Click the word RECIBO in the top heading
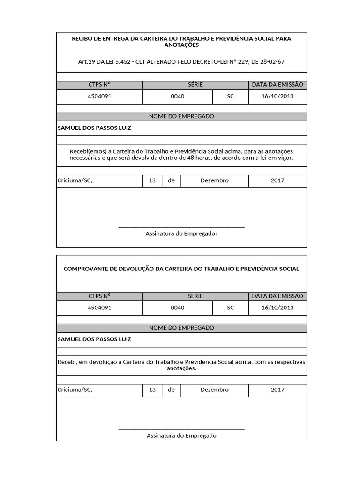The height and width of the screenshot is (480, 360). click(x=82, y=39)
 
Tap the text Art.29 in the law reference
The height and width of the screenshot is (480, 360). click(x=87, y=62)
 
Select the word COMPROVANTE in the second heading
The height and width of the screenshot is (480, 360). click(x=83, y=269)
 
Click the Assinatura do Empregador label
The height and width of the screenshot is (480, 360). click(x=181, y=233)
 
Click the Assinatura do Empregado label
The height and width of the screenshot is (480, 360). click(x=181, y=435)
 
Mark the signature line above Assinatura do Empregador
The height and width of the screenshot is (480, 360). click(x=181, y=227)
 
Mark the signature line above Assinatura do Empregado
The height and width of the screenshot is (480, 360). click(x=181, y=429)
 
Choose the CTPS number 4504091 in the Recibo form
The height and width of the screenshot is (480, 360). click(x=99, y=96)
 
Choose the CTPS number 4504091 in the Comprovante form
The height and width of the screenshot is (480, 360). click(x=99, y=308)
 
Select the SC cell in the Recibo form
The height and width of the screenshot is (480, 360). click(x=230, y=96)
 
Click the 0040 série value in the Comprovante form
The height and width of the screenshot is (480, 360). click(x=178, y=308)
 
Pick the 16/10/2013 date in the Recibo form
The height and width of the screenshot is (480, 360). click(x=277, y=96)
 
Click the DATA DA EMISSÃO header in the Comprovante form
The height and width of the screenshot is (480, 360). click(x=277, y=296)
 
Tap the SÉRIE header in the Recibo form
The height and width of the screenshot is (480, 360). click(x=195, y=85)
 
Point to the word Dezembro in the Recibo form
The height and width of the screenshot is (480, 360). click(x=214, y=180)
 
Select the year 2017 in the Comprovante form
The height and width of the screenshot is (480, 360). click(x=277, y=390)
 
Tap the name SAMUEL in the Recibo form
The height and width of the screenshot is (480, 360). click(x=69, y=127)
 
